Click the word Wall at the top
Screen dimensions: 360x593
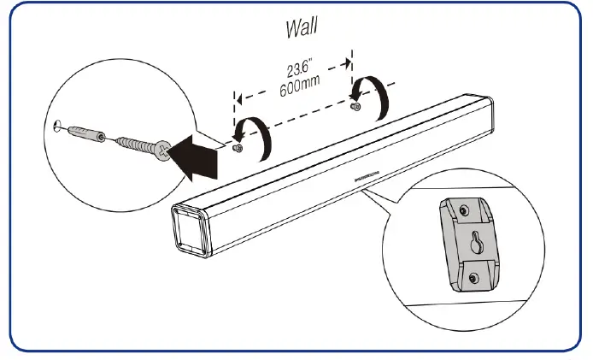[302, 27]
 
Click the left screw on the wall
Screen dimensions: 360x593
[238, 148]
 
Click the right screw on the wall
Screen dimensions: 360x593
[355, 107]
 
